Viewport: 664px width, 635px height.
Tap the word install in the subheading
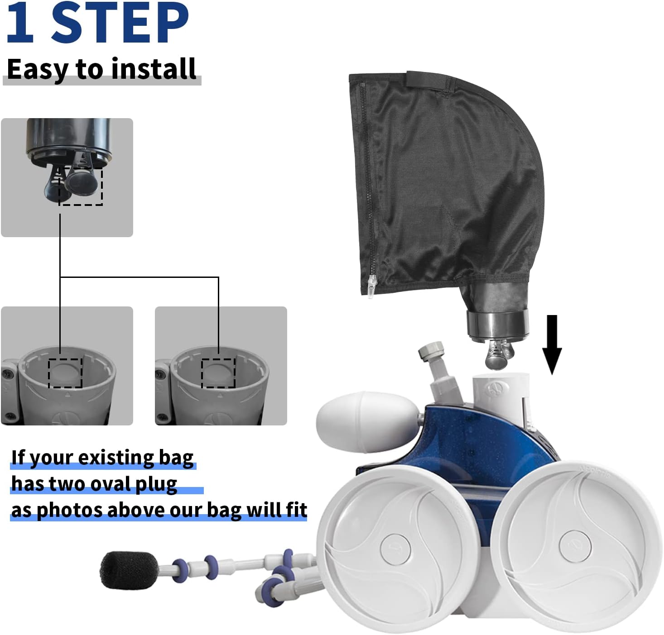pos(154,68)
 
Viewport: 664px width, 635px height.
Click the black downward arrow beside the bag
pos(552,344)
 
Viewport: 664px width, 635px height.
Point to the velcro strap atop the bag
pos(428,81)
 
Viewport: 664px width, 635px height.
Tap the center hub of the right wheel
pos(575,546)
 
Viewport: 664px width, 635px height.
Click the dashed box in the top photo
pos(81,186)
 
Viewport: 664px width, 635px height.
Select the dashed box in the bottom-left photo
pos(65,373)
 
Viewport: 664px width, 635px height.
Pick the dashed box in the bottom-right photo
pos(218,373)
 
